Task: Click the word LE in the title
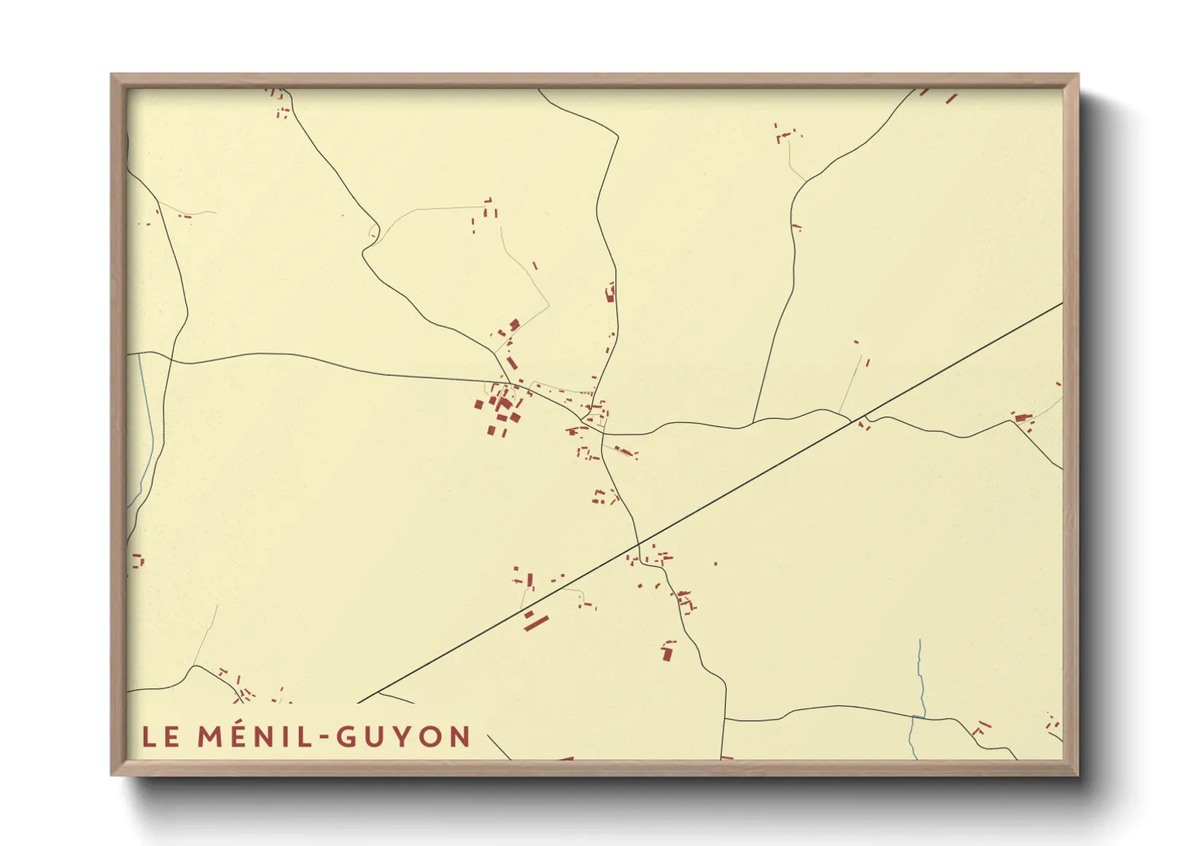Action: (x=161, y=736)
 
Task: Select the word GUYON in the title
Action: (x=403, y=736)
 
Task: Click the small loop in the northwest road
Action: (x=373, y=233)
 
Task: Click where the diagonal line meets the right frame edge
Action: (x=1062, y=303)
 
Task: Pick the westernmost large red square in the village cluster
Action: (x=479, y=405)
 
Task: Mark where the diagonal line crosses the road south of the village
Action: (x=638, y=544)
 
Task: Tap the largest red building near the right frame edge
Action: (x=1018, y=417)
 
